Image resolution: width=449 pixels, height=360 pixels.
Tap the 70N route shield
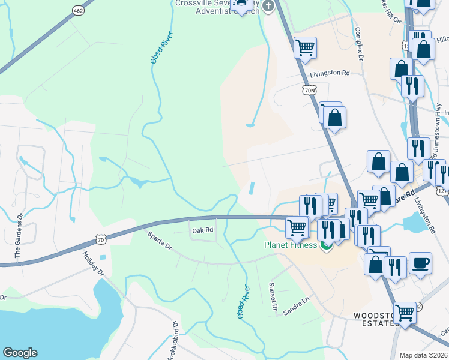[309, 91]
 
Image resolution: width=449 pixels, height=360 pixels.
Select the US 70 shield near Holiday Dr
[100, 240]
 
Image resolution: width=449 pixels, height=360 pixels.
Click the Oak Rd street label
[203, 230]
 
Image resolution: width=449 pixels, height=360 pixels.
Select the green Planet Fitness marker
[327, 245]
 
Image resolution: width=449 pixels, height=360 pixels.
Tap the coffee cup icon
[420, 263]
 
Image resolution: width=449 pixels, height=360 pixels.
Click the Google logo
[20, 353]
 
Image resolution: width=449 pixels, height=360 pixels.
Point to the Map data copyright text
[424, 355]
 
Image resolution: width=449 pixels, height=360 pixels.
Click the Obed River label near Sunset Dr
[243, 302]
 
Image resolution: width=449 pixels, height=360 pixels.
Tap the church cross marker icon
[268, 6]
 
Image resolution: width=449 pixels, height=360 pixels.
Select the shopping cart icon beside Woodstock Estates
[405, 313]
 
